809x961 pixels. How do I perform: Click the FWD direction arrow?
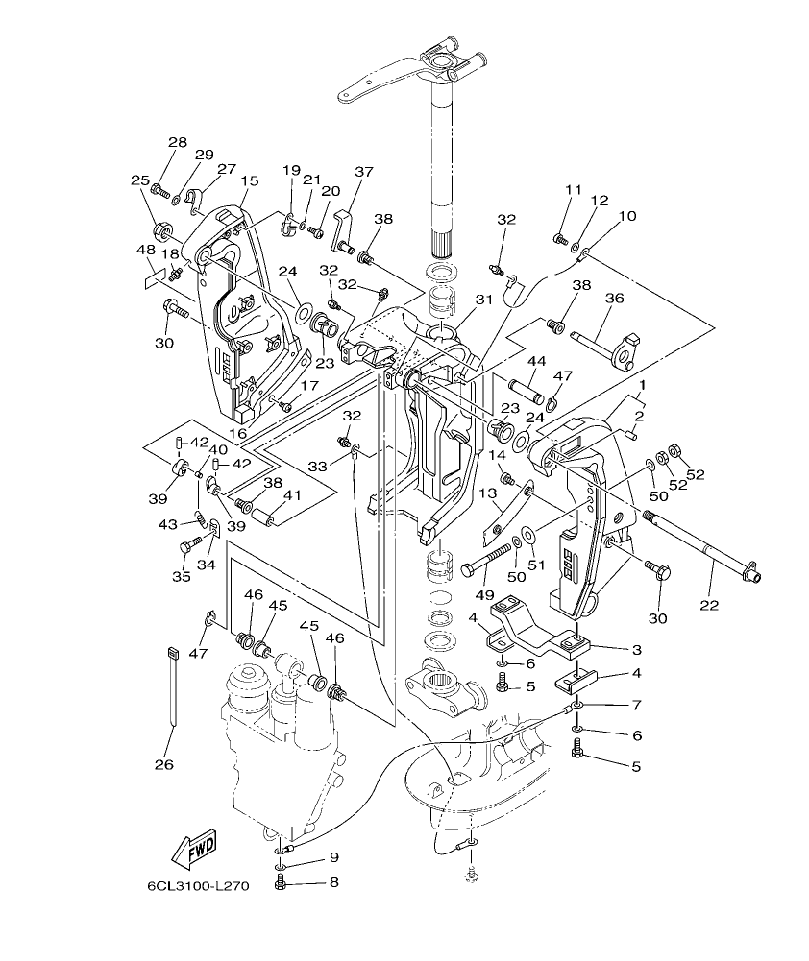click(x=193, y=848)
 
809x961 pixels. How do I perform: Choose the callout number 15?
click(x=250, y=180)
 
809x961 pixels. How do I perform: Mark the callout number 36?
click(x=614, y=299)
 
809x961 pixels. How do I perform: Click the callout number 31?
click(x=483, y=300)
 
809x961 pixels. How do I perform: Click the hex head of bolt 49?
click(x=468, y=569)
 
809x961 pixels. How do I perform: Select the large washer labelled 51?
click(x=529, y=534)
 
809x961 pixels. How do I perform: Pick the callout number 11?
click(x=574, y=190)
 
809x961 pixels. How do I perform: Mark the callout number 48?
click(x=146, y=250)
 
